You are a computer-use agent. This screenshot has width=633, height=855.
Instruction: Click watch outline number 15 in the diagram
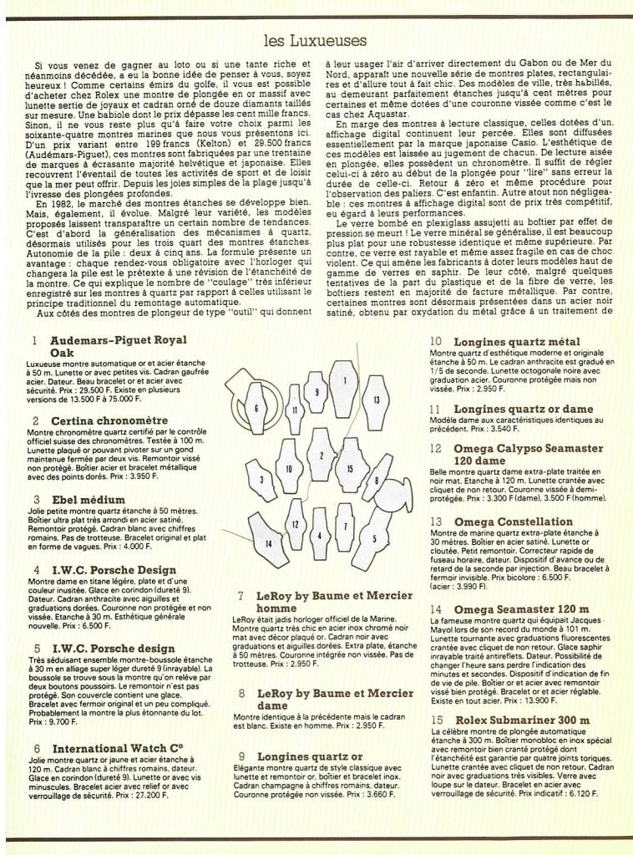pyautogui.click(x=351, y=470)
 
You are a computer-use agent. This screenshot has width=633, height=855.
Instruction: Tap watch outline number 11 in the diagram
pyautogui.click(x=296, y=409)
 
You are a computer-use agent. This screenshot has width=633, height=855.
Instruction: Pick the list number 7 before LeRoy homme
pyautogui.click(x=241, y=596)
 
